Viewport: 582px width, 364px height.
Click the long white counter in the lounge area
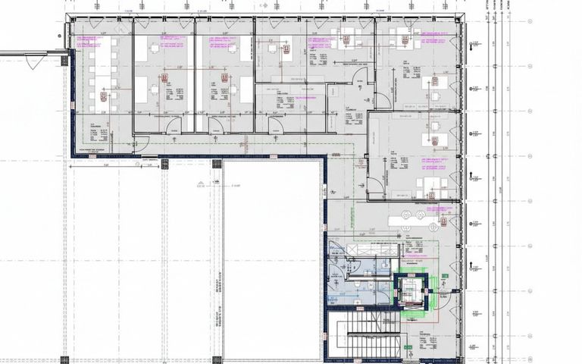pyautogui.click(x=412, y=218)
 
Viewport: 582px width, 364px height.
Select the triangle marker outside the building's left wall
pyautogui.click(x=33, y=62)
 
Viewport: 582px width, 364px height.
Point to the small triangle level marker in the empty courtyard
pyautogui.click(x=199, y=183)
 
